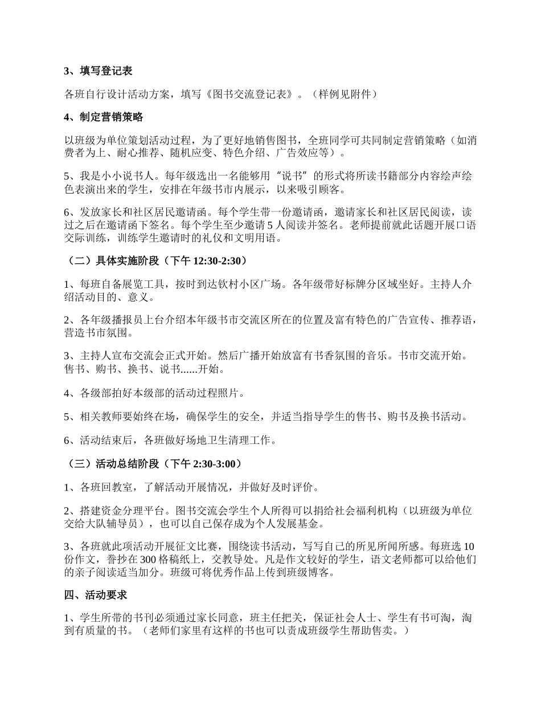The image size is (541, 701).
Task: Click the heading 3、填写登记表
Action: click(x=98, y=71)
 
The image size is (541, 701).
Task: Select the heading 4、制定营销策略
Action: click(x=103, y=117)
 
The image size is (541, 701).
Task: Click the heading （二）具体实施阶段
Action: click(x=120, y=261)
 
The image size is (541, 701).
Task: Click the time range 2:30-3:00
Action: click(x=215, y=464)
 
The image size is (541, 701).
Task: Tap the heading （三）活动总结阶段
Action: click(x=120, y=464)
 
